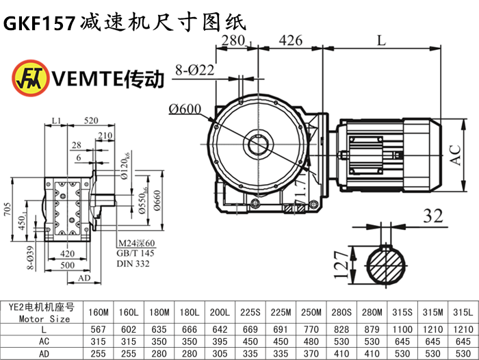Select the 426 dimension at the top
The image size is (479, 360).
coord(291,40)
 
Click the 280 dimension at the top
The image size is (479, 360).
coord(233,40)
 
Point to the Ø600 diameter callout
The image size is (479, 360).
coord(182,107)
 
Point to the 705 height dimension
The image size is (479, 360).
coord(8,209)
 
